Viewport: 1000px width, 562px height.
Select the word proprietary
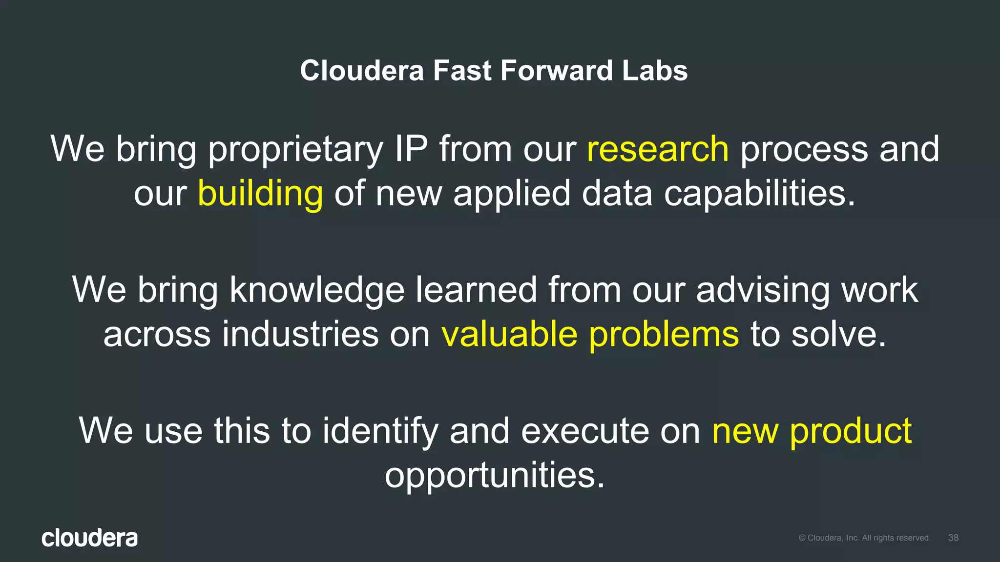click(x=296, y=150)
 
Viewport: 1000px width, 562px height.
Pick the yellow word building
click(x=260, y=194)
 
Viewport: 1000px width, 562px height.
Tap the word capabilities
click(x=759, y=194)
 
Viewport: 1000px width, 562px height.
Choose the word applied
click(x=512, y=194)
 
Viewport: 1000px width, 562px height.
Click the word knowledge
click(x=317, y=290)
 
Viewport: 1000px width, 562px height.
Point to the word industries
click(x=300, y=335)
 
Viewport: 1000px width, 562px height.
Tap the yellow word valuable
click(x=509, y=335)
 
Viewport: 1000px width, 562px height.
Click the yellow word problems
click(x=664, y=335)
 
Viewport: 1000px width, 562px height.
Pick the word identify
click(x=380, y=432)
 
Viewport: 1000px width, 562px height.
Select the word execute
click(x=585, y=432)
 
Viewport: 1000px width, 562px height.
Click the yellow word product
click(x=851, y=432)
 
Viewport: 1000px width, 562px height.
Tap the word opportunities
click(x=495, y=476)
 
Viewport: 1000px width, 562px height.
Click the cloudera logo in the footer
click(x=90, y=538)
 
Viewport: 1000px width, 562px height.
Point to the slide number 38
click(x=953, y=538)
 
